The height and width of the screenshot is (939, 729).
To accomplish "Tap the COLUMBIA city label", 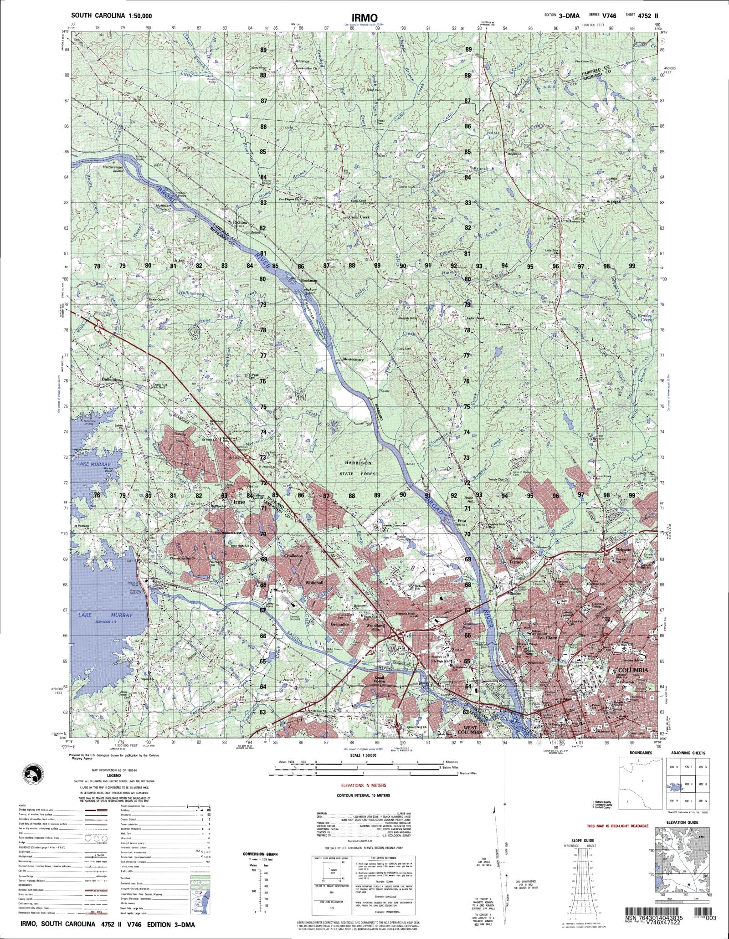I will point(632,670).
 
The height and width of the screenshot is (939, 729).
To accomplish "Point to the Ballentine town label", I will point(111,379).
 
